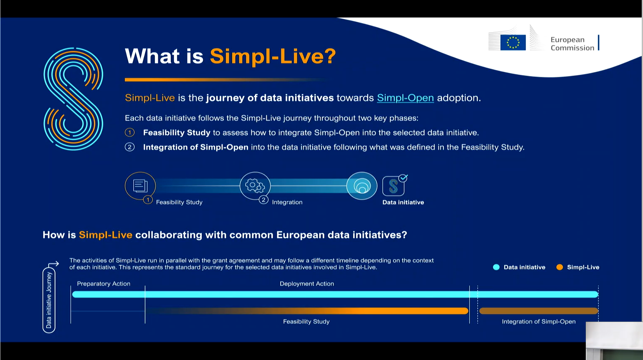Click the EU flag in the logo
(x=513, y=43)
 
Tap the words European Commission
(x=572, y=43)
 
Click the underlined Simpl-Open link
(x=405, y=98)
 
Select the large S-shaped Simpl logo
(x=73, y=99)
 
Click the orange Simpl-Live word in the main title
(x=273, y=56)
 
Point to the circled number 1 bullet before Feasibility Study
(x=129, y=133)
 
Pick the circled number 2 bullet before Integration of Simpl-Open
(x=129, y=147)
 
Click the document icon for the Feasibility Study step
(x=140, y=186)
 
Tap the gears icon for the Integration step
(x=255, y=186)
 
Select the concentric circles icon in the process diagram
(x=362, y=186)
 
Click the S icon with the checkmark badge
(x=395, y=185)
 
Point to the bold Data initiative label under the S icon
(x=403, y=203)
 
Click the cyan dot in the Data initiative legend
(x=496, y=267)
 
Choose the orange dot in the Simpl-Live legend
(x=559, y=267)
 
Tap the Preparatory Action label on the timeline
(x=104, y=284)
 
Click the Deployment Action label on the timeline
(x=307, y=284)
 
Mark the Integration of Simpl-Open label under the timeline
(x=539, y=322)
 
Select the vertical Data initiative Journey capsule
(x=49, y=300)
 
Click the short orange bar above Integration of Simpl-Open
(x=539, y=311)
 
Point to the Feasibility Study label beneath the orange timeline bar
(x=306, y=322)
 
